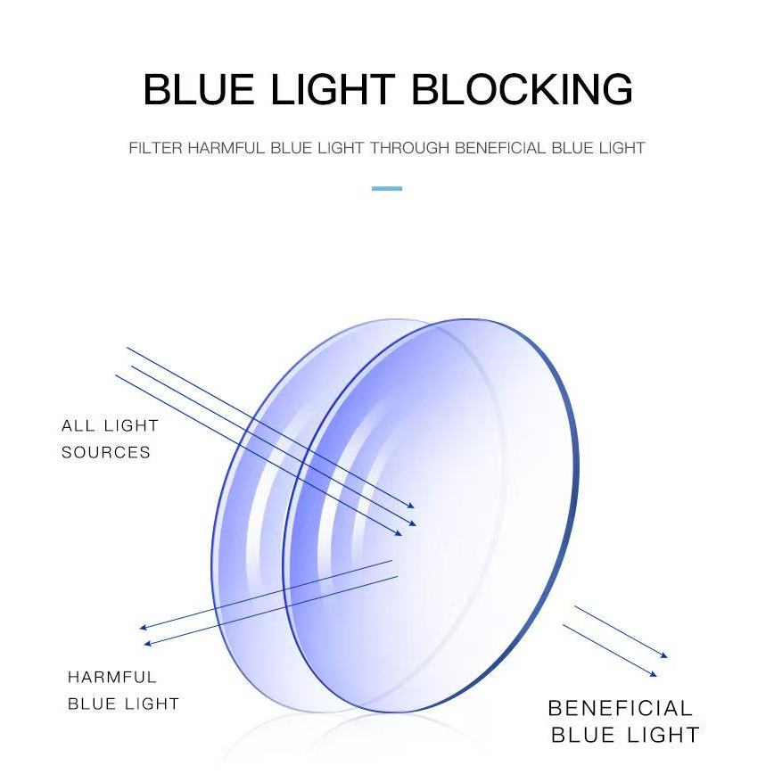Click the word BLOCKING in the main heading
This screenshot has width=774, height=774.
[x=523, y=90]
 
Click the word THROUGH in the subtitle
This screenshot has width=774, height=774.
[x=409, y=148]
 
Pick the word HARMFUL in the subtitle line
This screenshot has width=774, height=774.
[x=226, y=148]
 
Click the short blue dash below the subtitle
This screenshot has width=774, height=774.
[x=386, y=189]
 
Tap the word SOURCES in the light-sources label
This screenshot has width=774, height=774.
[x=106, y=452]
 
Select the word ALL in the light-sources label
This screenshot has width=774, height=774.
[x=77, y=425]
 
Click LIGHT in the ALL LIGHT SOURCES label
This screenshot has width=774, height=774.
[x=130, y=425]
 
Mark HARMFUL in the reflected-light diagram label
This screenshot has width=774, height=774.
[x=112, y=678]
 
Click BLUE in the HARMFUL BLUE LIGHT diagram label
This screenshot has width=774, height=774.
[x=93, y=704]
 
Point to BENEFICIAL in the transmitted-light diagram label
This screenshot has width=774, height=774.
[x=620, y=709]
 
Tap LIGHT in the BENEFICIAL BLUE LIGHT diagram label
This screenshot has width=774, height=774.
[x=663, y=736]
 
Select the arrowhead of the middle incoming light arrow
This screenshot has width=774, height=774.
[x=412, y=523]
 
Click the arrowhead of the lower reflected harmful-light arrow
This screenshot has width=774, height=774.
[x=148, y=643]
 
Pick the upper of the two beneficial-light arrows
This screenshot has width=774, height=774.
[x=621, y=632]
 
